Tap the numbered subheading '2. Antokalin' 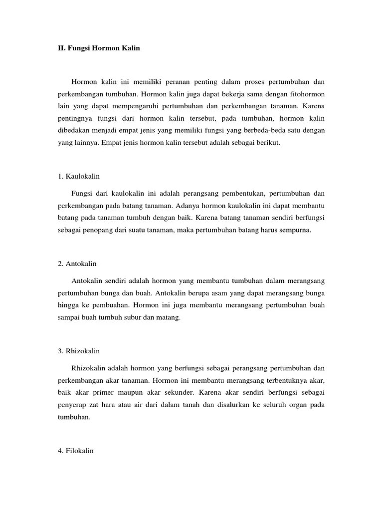(78, 263)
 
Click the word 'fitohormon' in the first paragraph (308, 93)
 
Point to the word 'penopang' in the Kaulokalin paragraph (97, 230)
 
